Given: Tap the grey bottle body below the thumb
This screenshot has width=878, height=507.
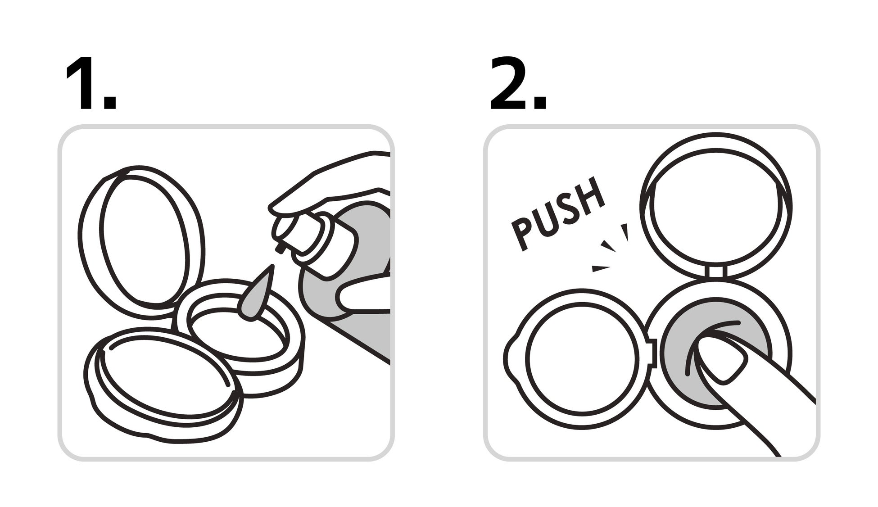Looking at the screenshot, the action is coord(360,333).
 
